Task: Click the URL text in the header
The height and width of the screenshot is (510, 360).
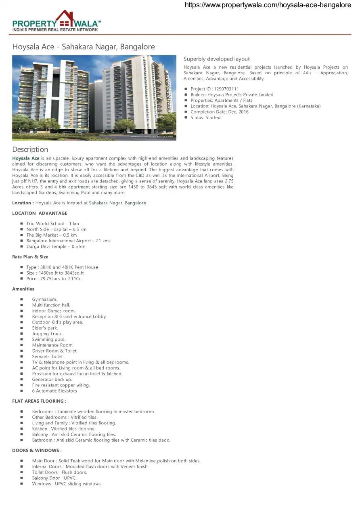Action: (268, 5)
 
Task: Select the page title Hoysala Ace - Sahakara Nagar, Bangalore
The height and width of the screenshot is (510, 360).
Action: (84, 47)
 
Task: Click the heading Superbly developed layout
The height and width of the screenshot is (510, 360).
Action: (217, 59)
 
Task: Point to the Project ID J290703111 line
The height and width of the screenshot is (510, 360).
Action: (214, 89)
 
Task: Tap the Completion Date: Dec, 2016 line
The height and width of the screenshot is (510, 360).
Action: (219, 112)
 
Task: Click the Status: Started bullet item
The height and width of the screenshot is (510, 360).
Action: (205, 118)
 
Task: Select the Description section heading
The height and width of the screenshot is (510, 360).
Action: (30, 149)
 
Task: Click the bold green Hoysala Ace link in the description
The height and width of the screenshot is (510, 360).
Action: (26, 158)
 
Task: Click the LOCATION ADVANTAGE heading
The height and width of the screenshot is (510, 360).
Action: (40, 213)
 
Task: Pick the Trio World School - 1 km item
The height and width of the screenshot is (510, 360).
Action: (52, 224)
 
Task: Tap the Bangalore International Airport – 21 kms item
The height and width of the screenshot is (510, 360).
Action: (68, 241)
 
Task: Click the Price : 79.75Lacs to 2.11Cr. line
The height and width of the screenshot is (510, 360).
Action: (54, 279)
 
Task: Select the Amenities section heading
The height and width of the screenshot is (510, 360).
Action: (23, 289)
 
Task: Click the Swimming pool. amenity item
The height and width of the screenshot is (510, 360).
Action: (48, 340)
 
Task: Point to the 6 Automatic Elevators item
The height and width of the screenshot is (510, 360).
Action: (54, 391)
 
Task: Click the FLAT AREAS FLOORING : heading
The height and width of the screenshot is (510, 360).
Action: (39, 401)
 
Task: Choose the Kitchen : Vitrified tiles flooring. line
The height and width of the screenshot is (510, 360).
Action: (64, 429)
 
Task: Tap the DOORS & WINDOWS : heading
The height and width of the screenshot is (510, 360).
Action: (37, 451)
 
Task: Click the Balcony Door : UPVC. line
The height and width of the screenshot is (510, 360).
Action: (54, 478)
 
